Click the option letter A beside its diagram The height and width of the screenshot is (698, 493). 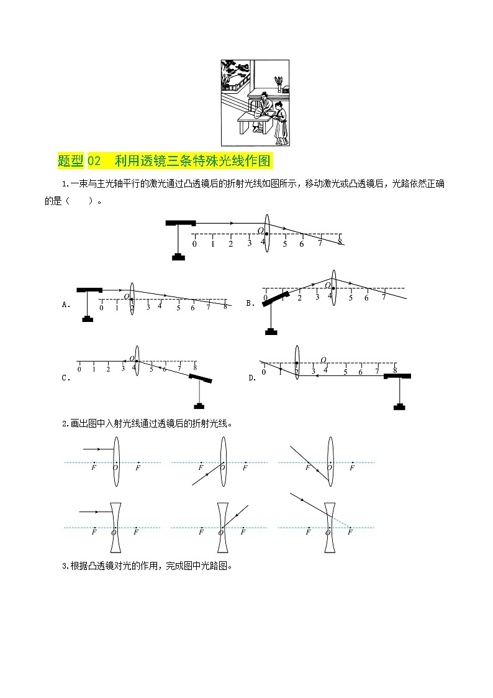[65, 305]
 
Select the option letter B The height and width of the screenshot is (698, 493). [249, 303]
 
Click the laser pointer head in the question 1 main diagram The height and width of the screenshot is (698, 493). [181, 223]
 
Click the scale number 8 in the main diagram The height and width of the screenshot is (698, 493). [340, 242]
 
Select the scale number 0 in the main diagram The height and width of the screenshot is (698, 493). [194, 244]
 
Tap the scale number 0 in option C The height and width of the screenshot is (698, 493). [79, 370]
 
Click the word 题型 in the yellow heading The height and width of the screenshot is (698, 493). [70, 161]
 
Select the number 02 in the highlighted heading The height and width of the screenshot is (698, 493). [94, 161]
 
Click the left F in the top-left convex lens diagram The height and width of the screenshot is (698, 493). [93, 467]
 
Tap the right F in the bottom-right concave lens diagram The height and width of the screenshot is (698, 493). [350, 533]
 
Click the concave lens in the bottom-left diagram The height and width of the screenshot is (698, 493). [115, 528]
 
